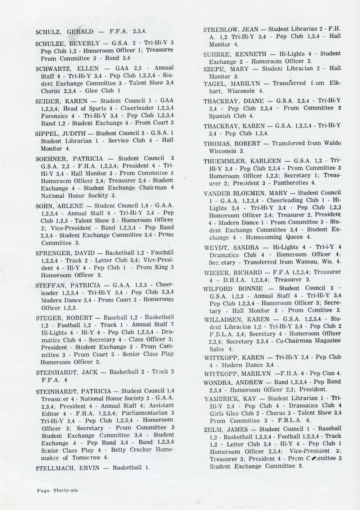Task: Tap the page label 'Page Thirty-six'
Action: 58,490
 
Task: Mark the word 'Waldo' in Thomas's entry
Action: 332,143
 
